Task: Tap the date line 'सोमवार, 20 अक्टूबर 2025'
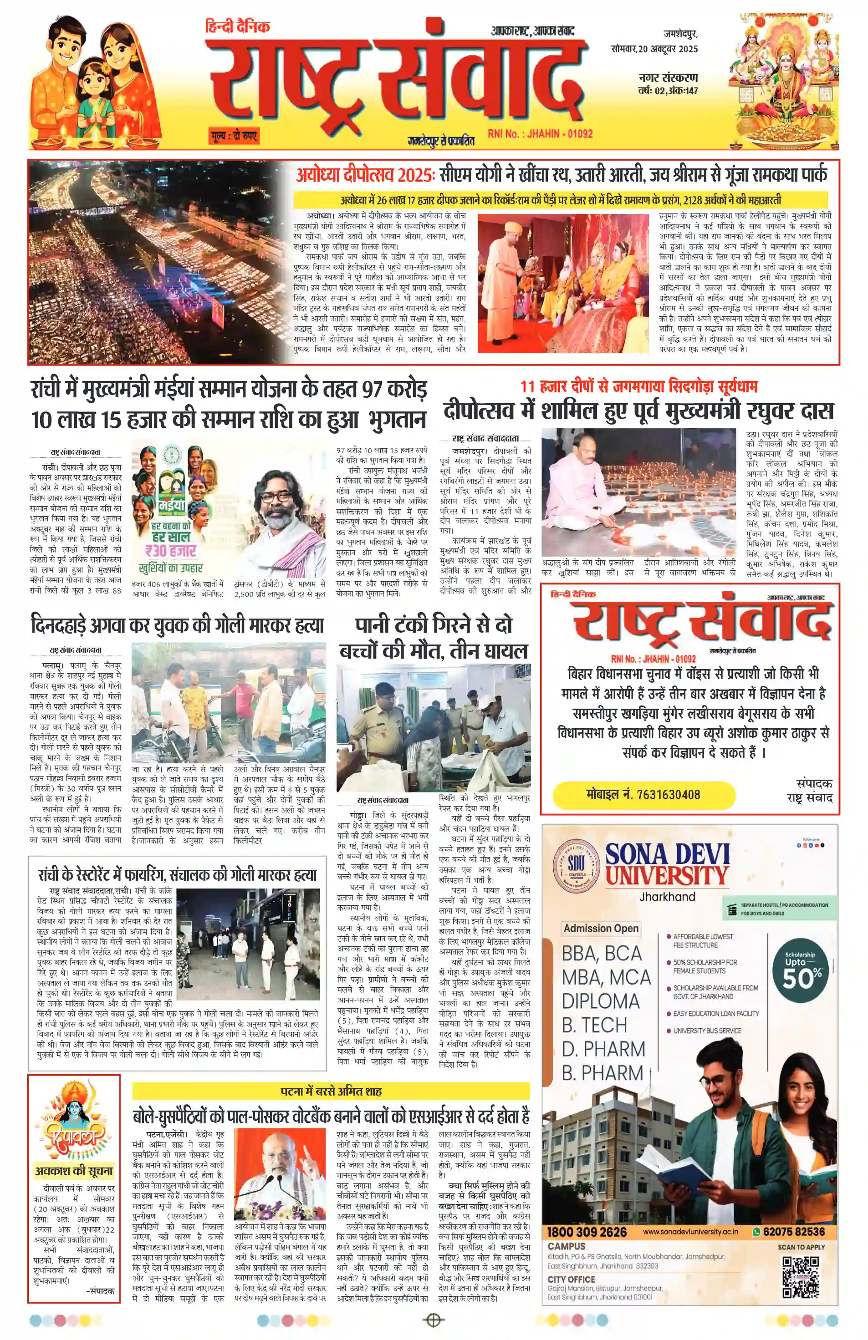tap(654, 49)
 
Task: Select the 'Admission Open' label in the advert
tap(601, 929)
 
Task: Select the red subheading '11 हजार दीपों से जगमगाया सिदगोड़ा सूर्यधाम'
tap(639, 387)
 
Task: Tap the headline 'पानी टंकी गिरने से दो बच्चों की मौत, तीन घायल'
tap(433, 637)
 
